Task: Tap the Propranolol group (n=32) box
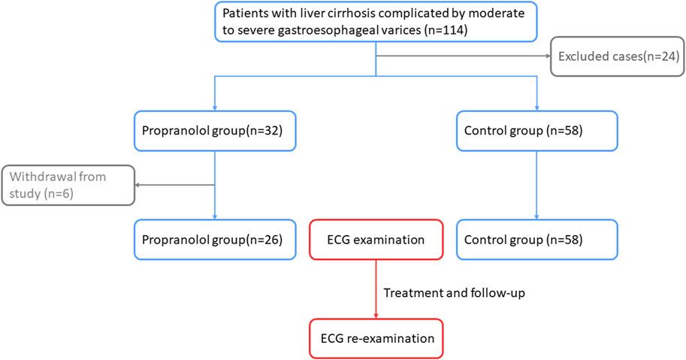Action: click(x=216, y=130)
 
